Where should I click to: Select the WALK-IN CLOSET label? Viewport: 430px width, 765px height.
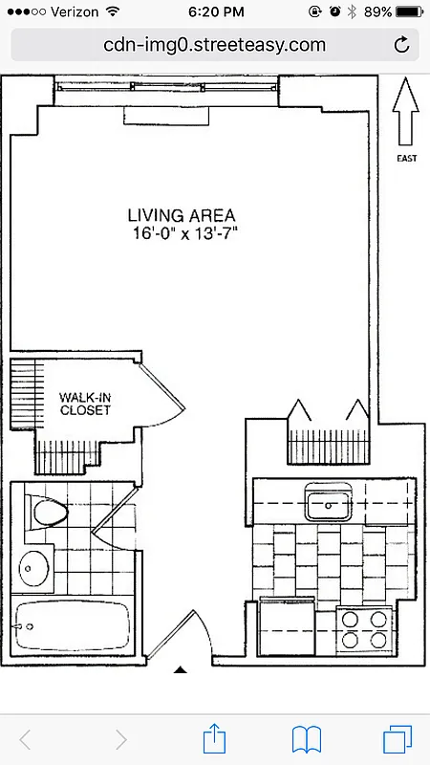click(85, 403)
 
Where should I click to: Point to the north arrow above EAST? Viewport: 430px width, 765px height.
click(406, 109)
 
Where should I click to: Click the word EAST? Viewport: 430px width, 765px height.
click(406, 159)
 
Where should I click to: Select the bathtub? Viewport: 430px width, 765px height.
click(73, 626)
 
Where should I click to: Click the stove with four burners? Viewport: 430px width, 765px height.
click(365, 627)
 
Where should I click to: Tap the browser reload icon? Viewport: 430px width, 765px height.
click(402, 45)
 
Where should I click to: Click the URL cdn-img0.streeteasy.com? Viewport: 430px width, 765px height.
click(214, 45)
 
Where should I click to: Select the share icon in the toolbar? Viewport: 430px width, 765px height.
click(215, 738)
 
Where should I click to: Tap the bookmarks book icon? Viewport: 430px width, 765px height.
click(306, 738)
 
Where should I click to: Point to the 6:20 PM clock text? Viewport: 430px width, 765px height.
click(214, 11)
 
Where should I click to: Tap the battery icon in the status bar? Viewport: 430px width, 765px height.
click(409, 11)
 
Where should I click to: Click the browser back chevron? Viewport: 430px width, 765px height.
click(26, 738)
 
